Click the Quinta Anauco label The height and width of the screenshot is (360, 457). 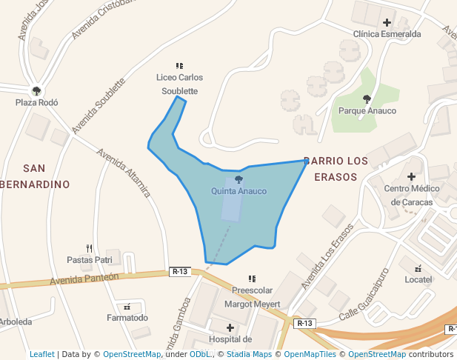click(238, 191)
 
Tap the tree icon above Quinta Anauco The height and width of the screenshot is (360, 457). click(238, 179)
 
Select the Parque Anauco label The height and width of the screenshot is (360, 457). click(367, 111)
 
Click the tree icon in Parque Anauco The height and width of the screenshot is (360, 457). click(367, 99)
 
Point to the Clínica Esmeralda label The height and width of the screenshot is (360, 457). click(387, 34)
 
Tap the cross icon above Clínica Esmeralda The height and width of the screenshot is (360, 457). click(387, 22)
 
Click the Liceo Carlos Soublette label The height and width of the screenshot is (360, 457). click(179, 84)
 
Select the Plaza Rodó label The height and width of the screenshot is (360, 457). click(37, 103)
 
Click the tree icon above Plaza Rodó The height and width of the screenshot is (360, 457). click(37, 91)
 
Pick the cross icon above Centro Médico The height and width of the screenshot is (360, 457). click(411, 176)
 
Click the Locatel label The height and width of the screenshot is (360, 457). click(418, 279)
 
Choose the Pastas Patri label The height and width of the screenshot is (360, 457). click(90, 260)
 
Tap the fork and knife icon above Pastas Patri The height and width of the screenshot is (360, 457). click(90, 248)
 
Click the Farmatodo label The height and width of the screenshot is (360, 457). click(127, 318)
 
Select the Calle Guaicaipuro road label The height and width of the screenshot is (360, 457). click(364, 295)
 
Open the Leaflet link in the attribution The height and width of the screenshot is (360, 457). click(41, 354)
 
